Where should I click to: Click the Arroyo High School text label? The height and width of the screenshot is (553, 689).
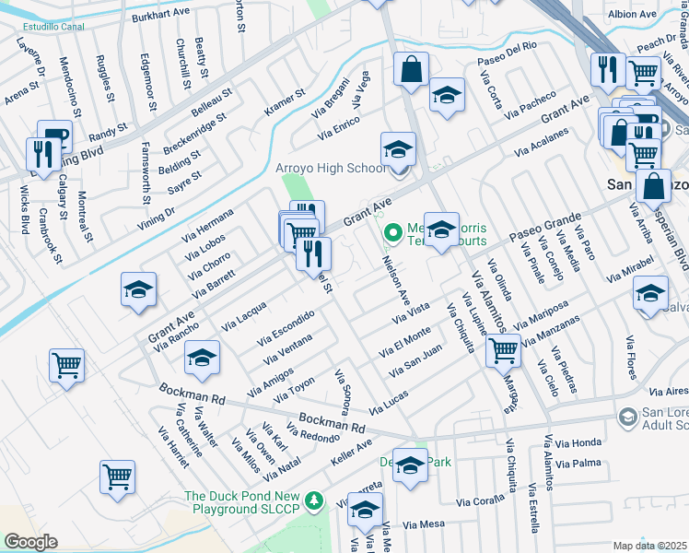pos(331,169)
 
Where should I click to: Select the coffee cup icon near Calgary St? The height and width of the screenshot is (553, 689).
pos(54,135)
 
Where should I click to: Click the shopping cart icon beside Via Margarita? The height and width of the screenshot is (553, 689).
pos(503,349)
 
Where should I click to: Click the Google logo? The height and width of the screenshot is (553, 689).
pos(30,542)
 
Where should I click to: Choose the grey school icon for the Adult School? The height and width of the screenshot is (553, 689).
pos(627,418)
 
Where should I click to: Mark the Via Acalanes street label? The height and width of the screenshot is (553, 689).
pos(540,141)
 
